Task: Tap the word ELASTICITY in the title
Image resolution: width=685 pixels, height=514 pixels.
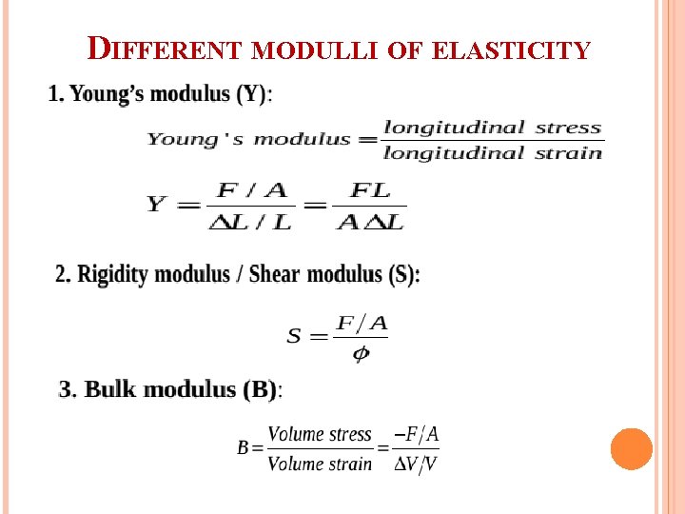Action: (x=511, y=49)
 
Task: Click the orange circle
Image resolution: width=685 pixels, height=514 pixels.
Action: (x=632, y=448)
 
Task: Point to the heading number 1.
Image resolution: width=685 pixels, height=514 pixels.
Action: (x=54, y=94)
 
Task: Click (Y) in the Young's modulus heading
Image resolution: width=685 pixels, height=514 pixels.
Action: (x=253, y=94)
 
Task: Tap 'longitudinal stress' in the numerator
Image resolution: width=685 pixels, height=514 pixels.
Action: (x=493, y=128)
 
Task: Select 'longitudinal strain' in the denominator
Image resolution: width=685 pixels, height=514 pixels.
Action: (x=493, y=152)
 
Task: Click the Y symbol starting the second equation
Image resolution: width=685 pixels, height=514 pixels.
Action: (x=157, y=205)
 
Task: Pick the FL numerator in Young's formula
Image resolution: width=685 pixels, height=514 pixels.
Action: (x=370, y=190)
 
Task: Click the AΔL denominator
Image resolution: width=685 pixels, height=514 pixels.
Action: (x=370, y=221)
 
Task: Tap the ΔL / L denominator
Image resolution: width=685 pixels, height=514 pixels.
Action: (x=250, y=221)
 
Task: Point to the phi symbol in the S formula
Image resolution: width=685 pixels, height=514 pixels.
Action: (x=361, y=354)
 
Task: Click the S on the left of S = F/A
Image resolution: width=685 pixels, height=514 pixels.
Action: (x=294, y=335)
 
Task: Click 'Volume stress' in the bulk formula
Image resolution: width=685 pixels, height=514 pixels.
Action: (x=320, y=435)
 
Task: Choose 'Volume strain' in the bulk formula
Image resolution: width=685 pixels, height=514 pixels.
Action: (x=320, y=464)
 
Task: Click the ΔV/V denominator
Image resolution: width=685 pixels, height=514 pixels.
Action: (x=416, y=464)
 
